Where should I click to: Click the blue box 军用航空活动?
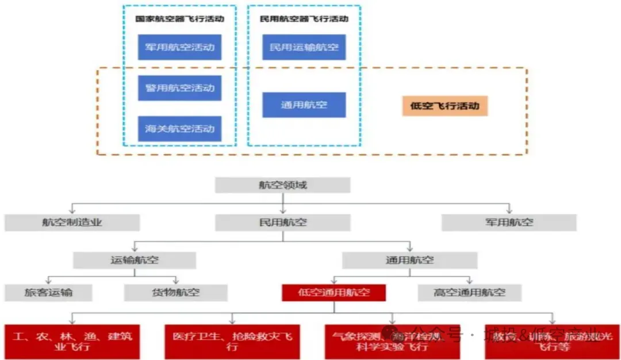click(179, 47)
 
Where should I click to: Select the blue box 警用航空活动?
click(179, 88)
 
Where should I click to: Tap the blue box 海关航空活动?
click(179, 128)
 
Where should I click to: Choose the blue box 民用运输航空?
click(304, 47)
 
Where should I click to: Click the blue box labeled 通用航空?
click(304, 105)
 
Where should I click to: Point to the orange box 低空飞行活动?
click(444, 106)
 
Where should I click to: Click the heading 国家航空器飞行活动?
click(179, 19)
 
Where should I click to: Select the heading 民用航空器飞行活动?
click(304, 19)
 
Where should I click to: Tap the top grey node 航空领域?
click(282, 185)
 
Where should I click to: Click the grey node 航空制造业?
click(72, 223)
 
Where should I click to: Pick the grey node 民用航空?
click(282, 223)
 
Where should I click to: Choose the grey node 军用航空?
click(509, 223)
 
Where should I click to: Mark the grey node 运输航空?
click(134, 260)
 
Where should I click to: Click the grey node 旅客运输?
click(48, 293)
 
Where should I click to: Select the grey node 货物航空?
click(175, 293)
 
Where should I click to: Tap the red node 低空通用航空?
click(333, 293)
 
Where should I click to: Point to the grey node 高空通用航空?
click(469, 293)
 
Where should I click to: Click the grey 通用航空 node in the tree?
click(409, 260)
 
